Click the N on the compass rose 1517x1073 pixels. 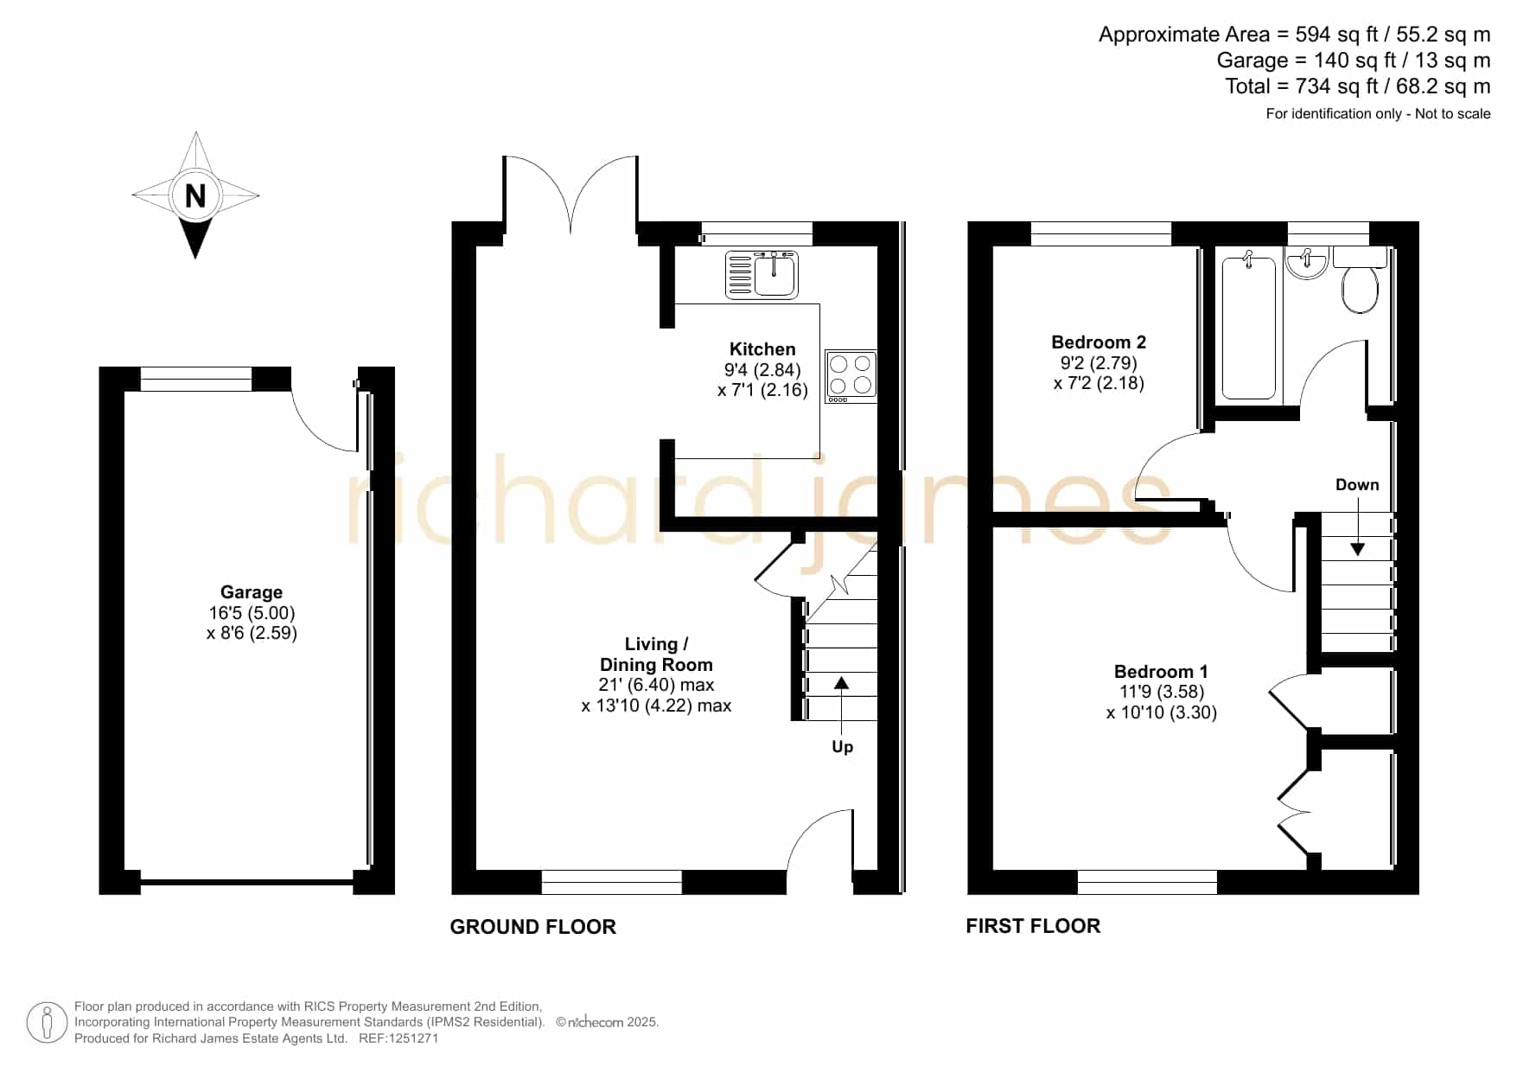point(195,196)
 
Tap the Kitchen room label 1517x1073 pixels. point(762,349)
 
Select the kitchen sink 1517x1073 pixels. point(762,274)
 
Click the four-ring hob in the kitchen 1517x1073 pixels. point(851,376)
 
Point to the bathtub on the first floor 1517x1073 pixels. point(1249,328)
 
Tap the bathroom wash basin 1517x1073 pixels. point(1306,263)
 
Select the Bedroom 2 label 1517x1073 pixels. point(1099,342)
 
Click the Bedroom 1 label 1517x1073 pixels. point(1161,672)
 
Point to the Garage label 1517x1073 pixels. point(252,592)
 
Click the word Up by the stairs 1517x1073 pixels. point(842,747)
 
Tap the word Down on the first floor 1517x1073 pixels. point(1357,485)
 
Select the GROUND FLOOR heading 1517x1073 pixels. point(533,927)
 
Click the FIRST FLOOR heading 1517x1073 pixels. point(1033,926)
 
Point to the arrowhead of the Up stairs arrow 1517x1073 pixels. point(841,683)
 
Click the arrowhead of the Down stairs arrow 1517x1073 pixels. point(1357,548)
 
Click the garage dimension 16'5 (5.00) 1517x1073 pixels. point(252,613)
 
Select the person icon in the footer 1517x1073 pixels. point(47,1023)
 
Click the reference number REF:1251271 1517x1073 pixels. point(398,1038)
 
